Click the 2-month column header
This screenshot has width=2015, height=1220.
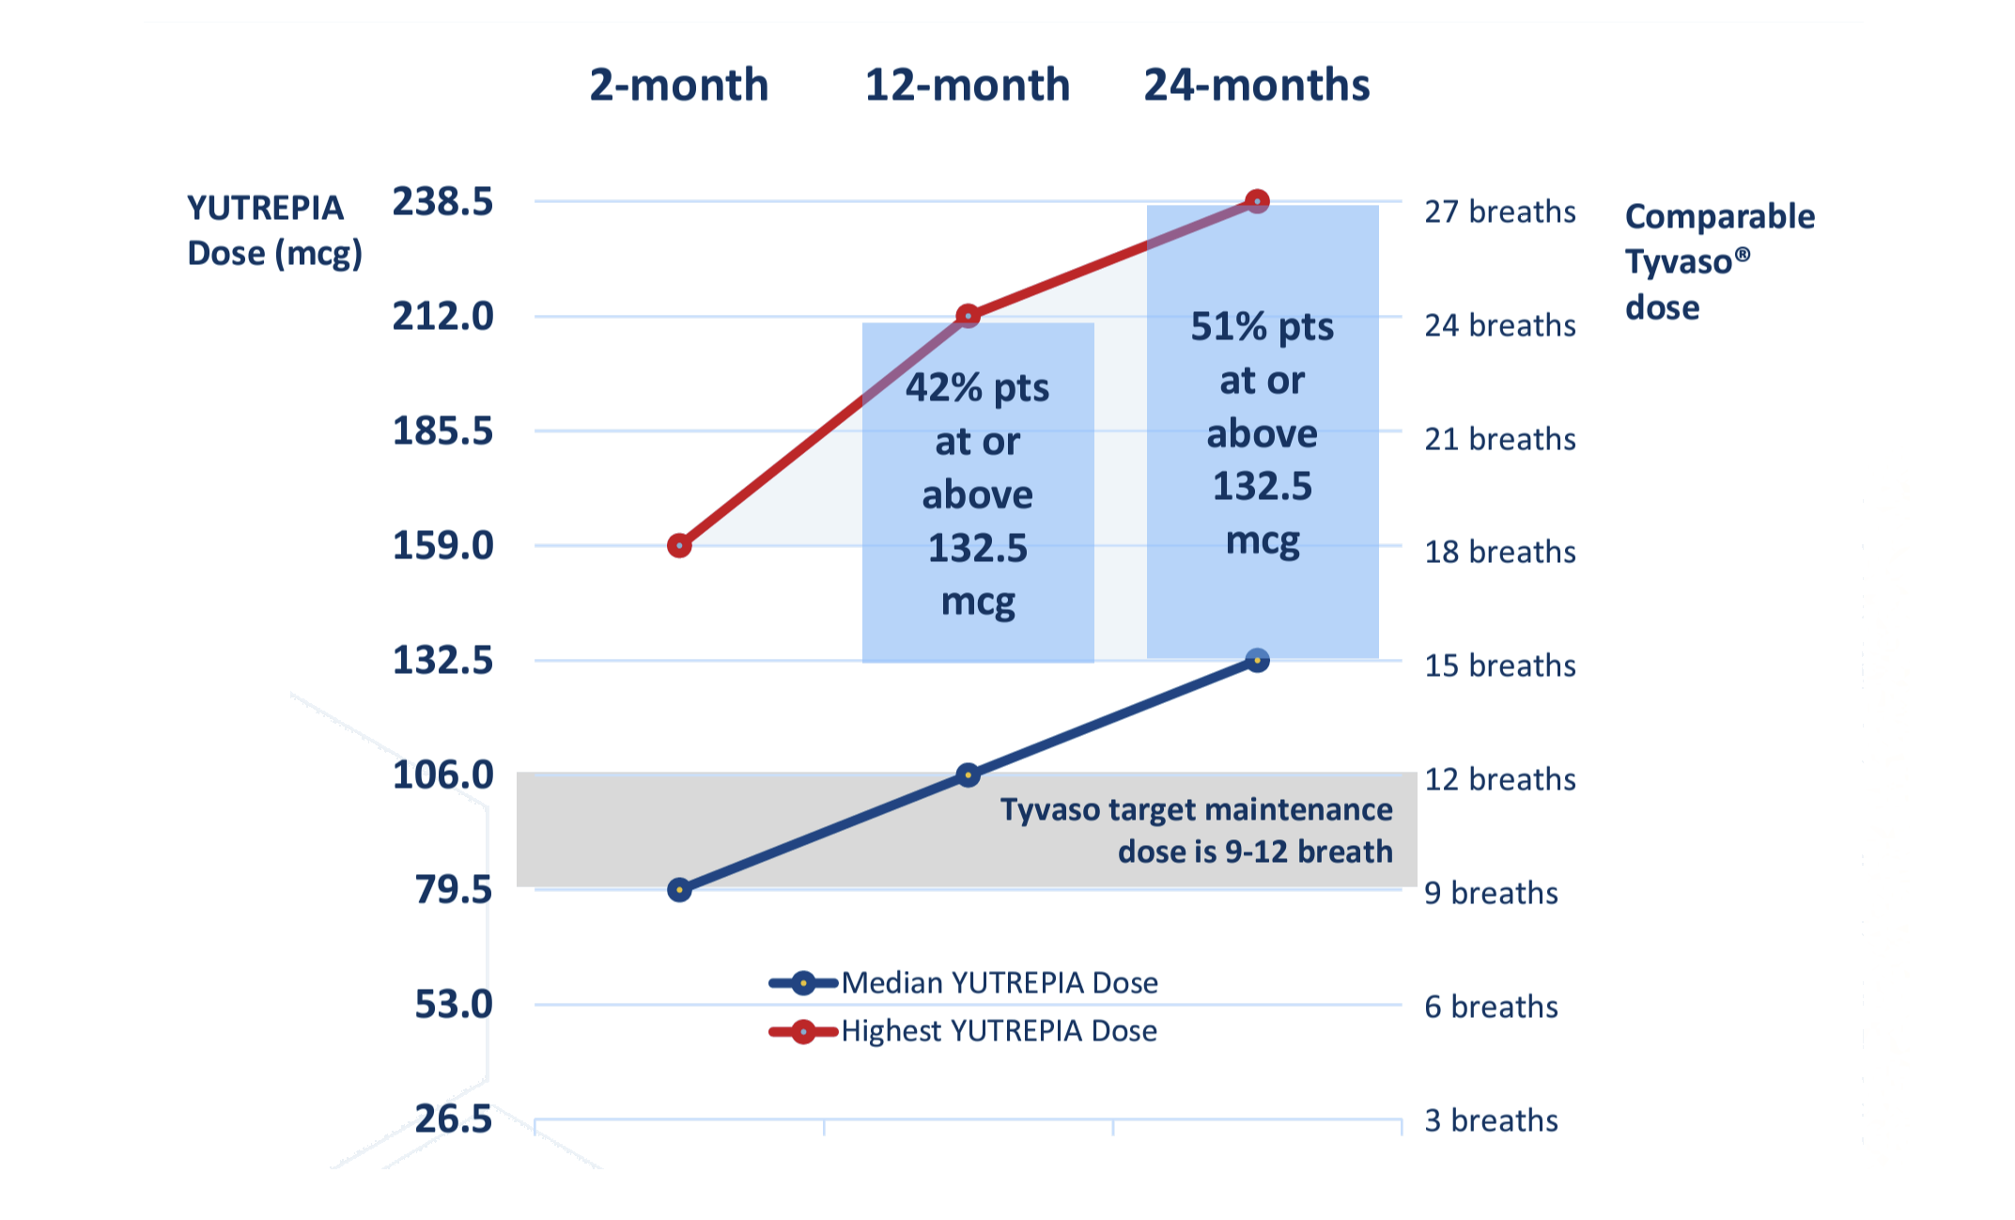point(678,86)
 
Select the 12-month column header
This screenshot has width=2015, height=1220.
point(967,86)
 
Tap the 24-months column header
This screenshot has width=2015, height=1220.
point(1256,86)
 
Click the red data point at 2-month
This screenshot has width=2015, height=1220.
point(679,545)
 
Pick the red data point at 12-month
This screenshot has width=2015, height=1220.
point(968,316)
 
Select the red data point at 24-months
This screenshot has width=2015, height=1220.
point(1257,201)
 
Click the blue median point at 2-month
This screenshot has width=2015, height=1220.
point(679,889)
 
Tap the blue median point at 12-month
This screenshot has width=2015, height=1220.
point(968,774)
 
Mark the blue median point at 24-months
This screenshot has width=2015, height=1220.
point(1257,661)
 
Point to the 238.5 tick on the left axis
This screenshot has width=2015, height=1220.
point(442,202)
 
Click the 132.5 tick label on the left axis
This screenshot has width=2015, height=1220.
point(442,661)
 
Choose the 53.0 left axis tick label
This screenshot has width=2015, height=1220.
point(454,1005)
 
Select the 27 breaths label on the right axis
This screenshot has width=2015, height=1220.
point(1499,212)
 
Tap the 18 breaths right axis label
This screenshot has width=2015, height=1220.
point(1499,553)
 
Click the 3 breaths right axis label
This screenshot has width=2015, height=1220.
point(1491,1120)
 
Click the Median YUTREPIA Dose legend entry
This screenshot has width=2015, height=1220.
point(999,983)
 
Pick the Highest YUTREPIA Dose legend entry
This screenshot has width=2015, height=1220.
point(999,1031)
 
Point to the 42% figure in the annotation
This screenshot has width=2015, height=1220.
point(944,388)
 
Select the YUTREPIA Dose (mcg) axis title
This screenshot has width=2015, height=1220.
point(273,230)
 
